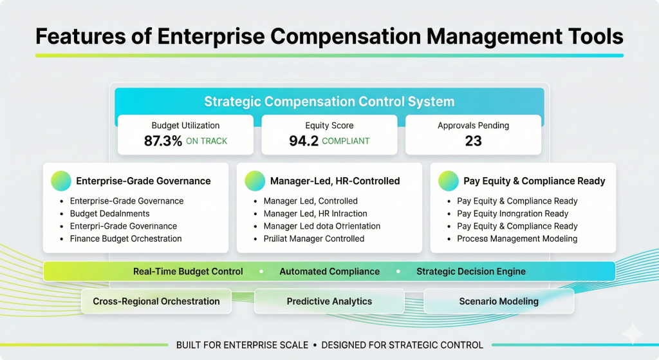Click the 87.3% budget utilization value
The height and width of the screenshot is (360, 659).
coord(163,141)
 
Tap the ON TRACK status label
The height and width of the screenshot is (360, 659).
coord(207,142)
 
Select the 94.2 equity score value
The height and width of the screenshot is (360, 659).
coord(303,141)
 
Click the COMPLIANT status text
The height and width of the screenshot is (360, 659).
coord(346,142)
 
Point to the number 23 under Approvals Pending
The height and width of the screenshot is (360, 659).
coord(473,141)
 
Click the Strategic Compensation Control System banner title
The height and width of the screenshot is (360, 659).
coord(329,102)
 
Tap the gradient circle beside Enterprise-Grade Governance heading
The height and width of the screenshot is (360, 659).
coord(60,181)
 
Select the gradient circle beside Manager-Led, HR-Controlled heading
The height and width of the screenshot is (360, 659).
coord(255,181)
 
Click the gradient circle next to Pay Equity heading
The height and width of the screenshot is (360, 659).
coord(449,181)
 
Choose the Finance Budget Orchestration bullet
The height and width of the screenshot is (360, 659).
coord(125,239)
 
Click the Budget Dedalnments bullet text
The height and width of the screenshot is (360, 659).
coord(109,214)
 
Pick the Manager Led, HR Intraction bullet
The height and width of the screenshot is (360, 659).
coord(315,214)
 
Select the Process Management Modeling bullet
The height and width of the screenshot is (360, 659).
coord(517,239)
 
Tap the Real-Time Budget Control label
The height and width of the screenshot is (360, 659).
coord(188,272)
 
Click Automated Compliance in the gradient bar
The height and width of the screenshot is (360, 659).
coord(329,272)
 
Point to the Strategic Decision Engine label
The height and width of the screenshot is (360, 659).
coord(470,272)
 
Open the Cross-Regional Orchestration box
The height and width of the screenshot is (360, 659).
coord(156,301)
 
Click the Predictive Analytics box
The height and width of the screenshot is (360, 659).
coord(329,301)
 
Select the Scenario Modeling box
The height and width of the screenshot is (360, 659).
coord(499,301)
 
